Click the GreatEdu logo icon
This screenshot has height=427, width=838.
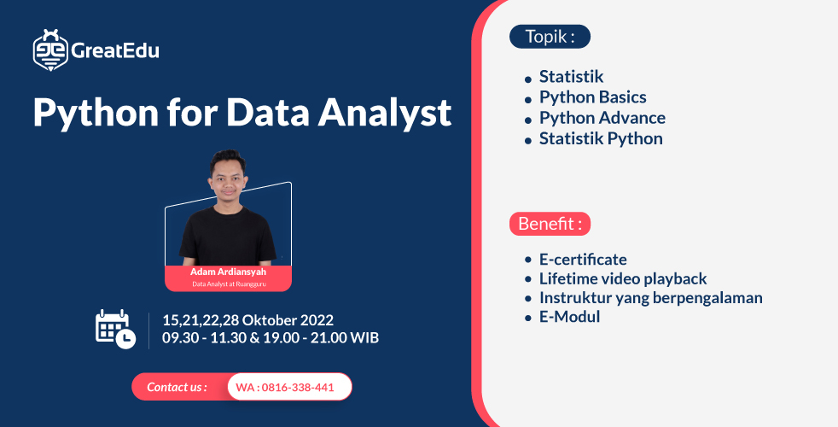[x=50, y=50]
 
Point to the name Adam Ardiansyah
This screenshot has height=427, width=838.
[x=228, y=272]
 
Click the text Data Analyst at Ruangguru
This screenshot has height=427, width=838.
[x=228, y=284]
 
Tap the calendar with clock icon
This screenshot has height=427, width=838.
[x=114, y=329]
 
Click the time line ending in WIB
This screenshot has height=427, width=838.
[x=271, y=338]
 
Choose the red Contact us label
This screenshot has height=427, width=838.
[x=177, y=387]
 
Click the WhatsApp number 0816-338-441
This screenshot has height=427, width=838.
[x=285, y=387]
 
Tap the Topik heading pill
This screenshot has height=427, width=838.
[x=550, y=37]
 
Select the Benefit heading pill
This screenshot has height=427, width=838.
[x=550, y=224]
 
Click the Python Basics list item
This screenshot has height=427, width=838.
[x=592, y=97]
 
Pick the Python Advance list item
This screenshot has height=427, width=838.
[x=602, y=118]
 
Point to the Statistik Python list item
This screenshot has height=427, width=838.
[x=600, y=138]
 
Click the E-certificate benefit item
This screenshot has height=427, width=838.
[x=582, y=259]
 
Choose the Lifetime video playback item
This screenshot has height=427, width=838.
[x=622, y=278]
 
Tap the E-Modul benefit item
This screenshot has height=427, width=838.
[x=569, y=317]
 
